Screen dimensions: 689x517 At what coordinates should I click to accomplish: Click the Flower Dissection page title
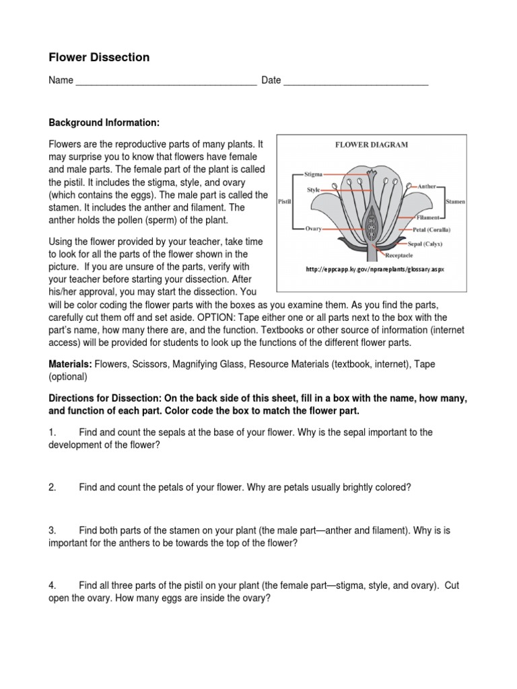[99, 58]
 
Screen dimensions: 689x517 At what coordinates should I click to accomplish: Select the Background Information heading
[104, 123]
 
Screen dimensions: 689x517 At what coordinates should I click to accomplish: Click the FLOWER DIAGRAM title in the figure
[372, 145]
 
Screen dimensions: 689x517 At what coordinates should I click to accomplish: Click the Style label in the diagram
[314, 190]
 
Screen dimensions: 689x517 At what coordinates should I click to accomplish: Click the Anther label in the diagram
[428, 185]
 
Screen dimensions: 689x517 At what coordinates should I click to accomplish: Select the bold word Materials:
[70, 364]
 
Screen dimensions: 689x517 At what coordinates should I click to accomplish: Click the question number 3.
[53, 531]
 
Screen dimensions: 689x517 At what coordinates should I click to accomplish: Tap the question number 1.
[53, 431]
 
